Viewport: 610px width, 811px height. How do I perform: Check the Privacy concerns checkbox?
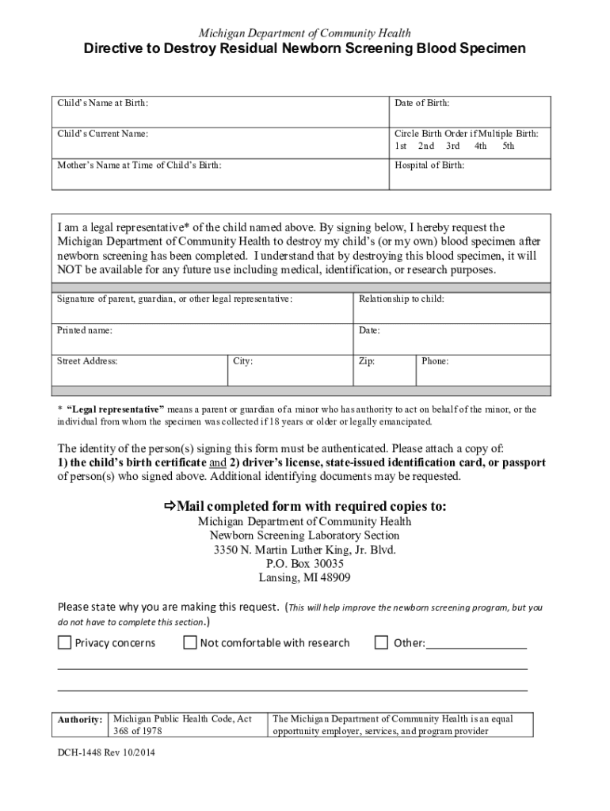[x=64, y=642]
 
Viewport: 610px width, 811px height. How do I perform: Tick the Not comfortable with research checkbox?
[x=190, y=642]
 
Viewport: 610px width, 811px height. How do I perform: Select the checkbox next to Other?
[x=382, y=642]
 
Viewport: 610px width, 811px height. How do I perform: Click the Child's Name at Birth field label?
[x=102, y=103]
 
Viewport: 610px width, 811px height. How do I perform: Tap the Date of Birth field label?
[x=422, y=103]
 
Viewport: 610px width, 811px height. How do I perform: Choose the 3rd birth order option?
[x=452, y=146]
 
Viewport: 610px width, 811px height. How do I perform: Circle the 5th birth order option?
[x=508, y=146]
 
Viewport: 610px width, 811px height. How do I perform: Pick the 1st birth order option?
[x=401, y=146]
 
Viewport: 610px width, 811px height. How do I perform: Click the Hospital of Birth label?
[x=429, y=166]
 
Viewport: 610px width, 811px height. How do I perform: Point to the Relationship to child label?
[x=401, y=299]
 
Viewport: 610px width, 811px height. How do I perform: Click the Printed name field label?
[x=84, y=330]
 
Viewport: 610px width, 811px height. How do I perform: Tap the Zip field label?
[x=367, y=361]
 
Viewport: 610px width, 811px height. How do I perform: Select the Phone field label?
[x=435, y=361]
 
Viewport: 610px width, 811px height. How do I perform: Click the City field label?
[x=242, y=361]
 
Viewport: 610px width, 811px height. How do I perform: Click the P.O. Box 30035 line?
[x=305, y=563]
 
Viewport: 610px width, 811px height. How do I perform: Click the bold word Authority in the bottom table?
[x=79, y=720]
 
